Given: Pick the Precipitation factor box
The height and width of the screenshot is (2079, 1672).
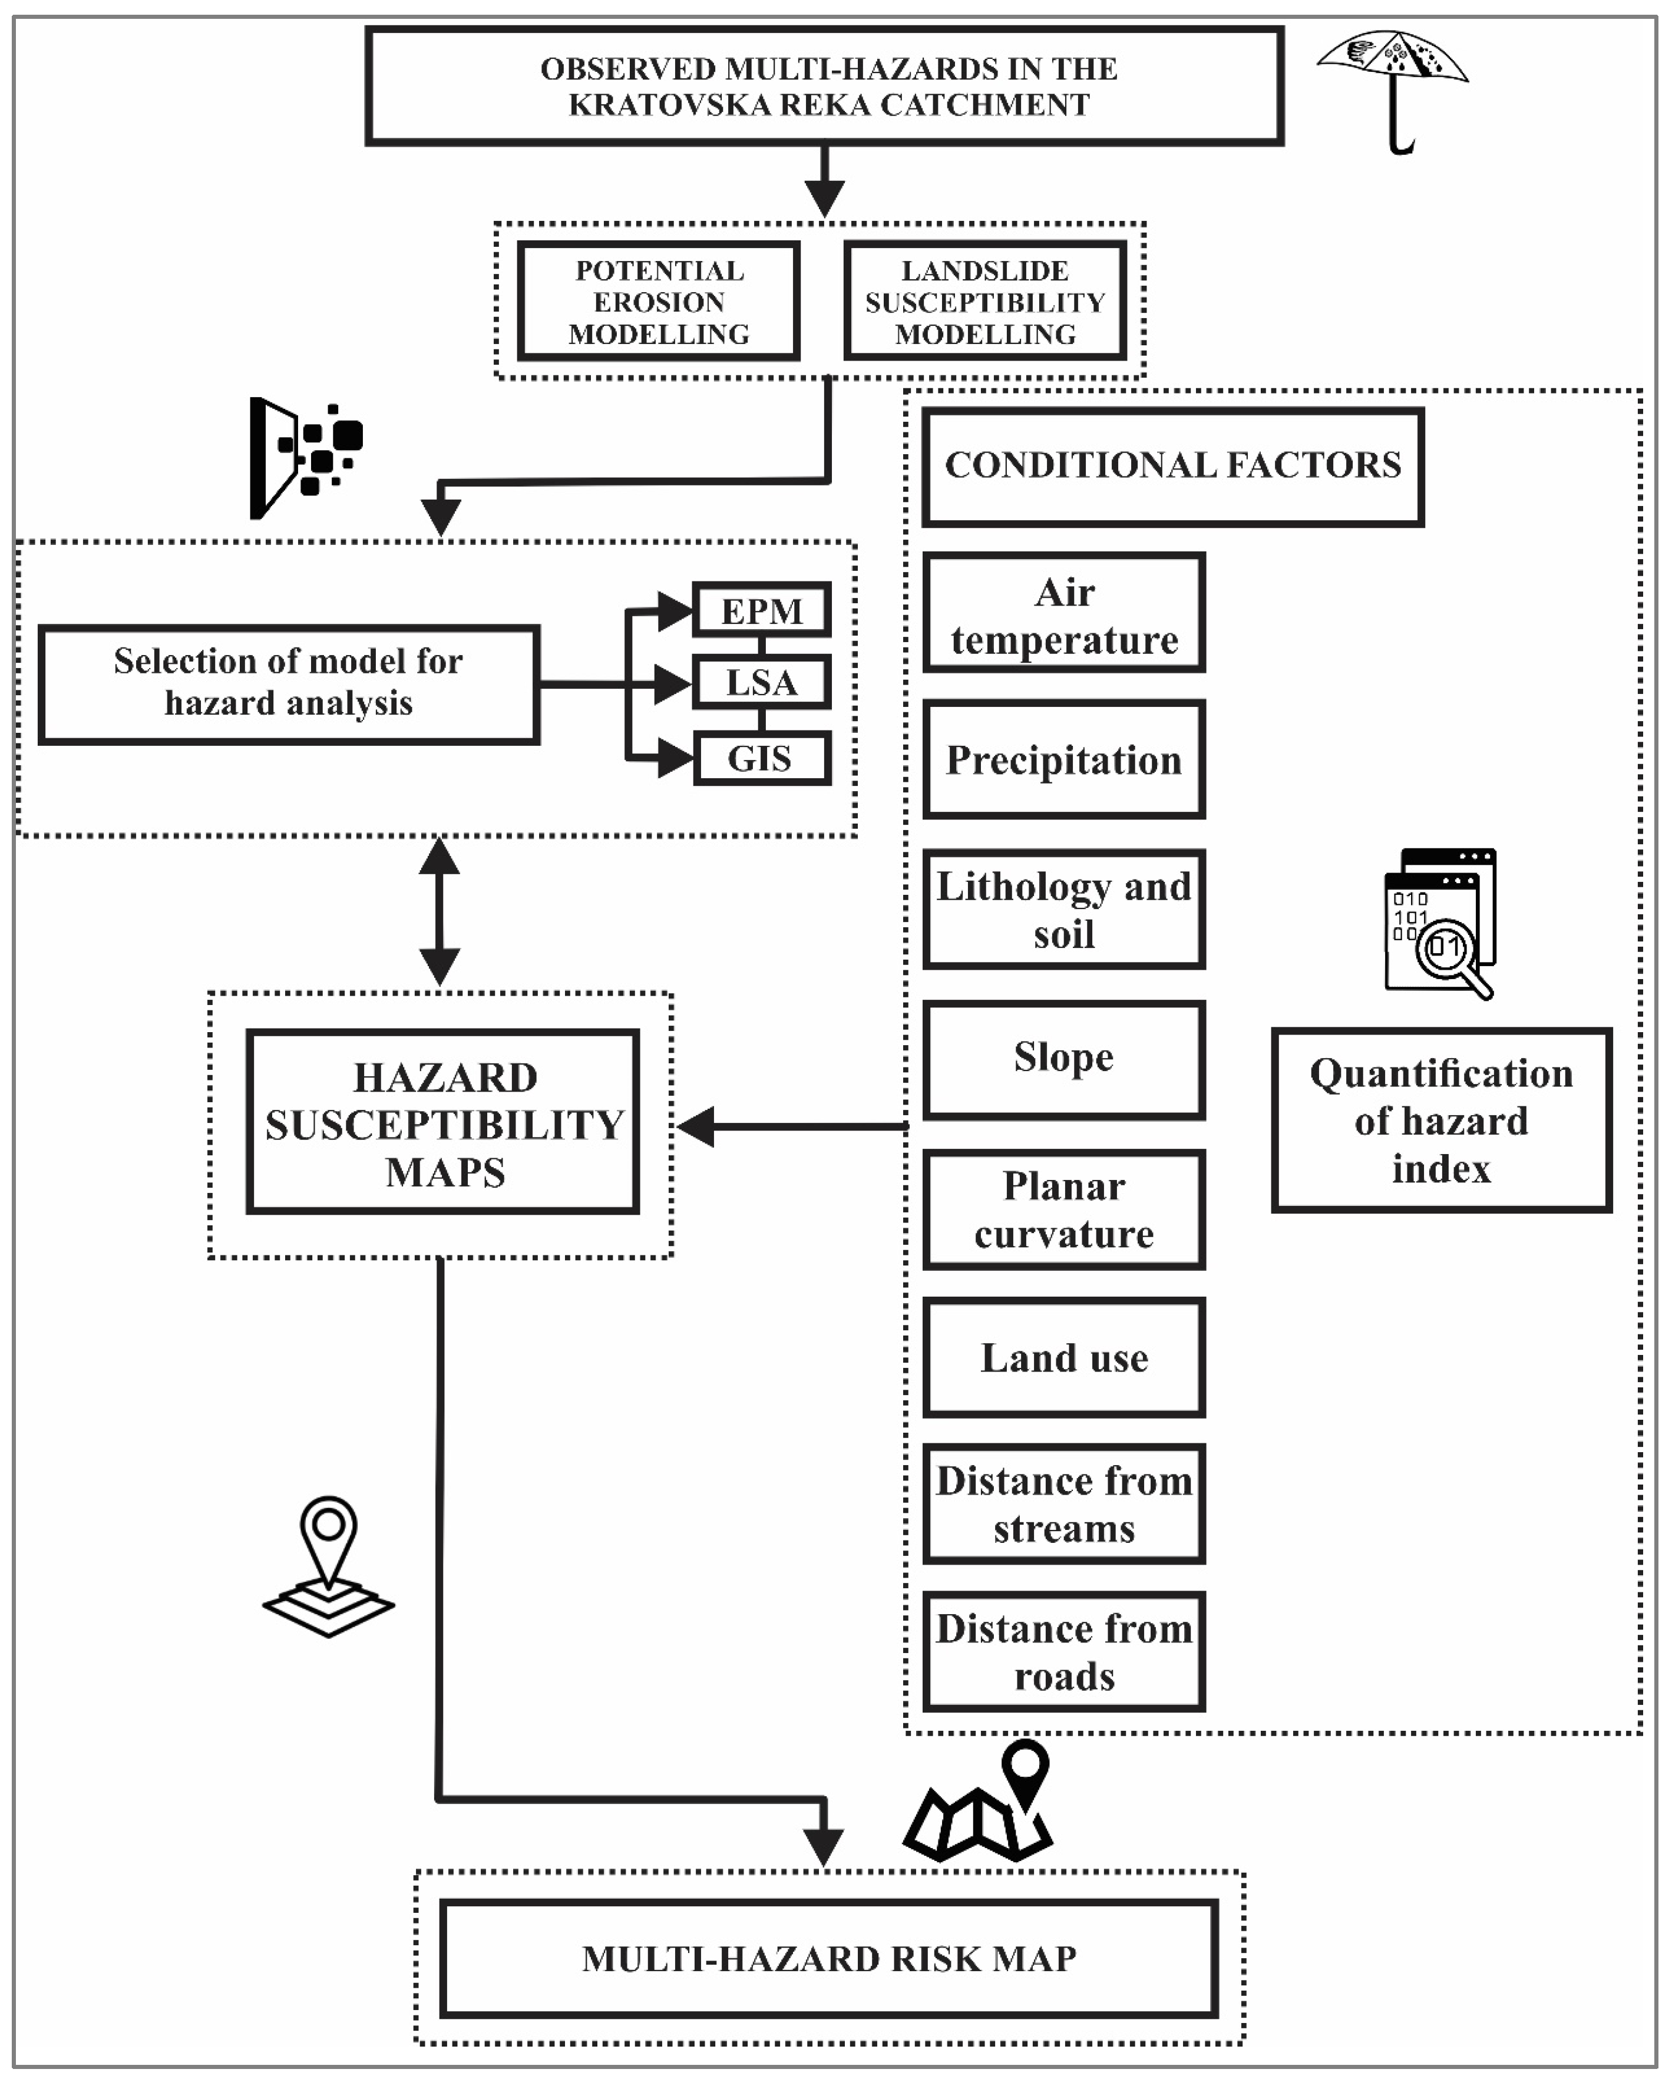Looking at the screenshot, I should click(x=1063, y=760).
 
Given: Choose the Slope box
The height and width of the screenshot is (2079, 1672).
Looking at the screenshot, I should click(x=1063, y=1059).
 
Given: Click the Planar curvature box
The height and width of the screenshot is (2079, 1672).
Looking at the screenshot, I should click(x=1063, y=1209).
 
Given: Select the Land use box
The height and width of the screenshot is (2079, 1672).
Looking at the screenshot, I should click(x=1063, y=1358).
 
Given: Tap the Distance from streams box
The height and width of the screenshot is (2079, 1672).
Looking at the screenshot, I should click(x=1063, y=1504).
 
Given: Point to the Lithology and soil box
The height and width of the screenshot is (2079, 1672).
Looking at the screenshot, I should click(x=1063, y=910).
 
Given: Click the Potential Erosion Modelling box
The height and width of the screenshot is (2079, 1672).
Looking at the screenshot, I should click(x=659, y=302).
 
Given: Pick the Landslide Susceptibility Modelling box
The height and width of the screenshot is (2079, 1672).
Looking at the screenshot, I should click(x=984, y=302).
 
